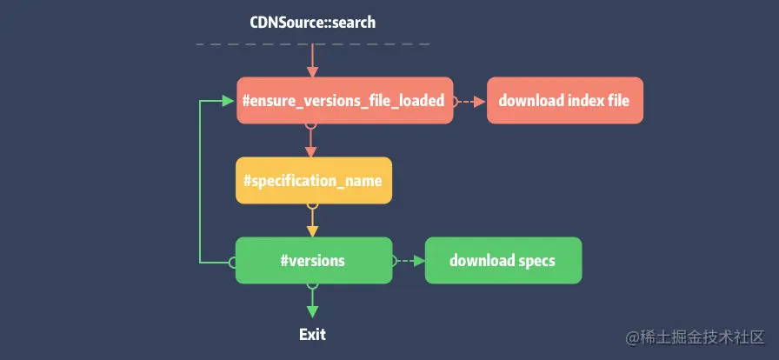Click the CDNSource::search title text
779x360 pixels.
pos(313,22)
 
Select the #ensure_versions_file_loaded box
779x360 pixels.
pos(344,101)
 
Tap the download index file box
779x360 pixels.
pos(564,101)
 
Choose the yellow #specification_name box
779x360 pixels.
pos(313,181)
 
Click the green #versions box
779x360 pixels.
pos(313,261)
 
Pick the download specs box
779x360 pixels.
pos(503,261)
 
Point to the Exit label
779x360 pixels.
pos(312,334)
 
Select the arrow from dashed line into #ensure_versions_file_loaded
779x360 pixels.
pos(313,63)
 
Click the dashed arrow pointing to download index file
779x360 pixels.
pos(469,101)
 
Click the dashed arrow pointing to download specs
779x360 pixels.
pos(409,261)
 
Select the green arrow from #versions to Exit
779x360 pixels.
pos(313,302)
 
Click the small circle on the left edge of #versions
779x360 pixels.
pos(233,261)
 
